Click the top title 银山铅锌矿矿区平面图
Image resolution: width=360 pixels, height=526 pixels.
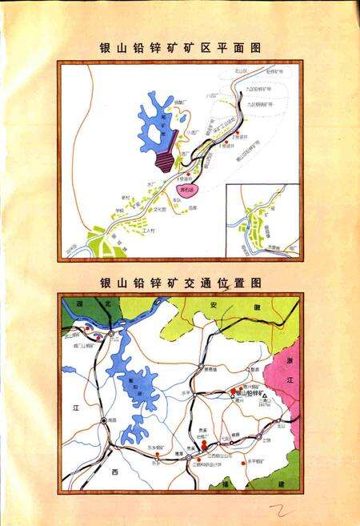pos(179,47)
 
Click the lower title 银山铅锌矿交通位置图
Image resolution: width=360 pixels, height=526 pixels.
pos(180,283)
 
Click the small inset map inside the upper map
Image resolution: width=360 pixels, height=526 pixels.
pos(262,221)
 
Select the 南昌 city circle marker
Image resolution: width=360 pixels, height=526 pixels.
pos(104,420)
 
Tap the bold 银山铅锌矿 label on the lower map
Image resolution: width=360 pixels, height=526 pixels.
pos(253,396)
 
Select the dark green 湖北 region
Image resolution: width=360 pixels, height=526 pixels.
pos(88,309)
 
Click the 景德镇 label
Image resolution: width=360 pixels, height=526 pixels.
pos(210,369)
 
